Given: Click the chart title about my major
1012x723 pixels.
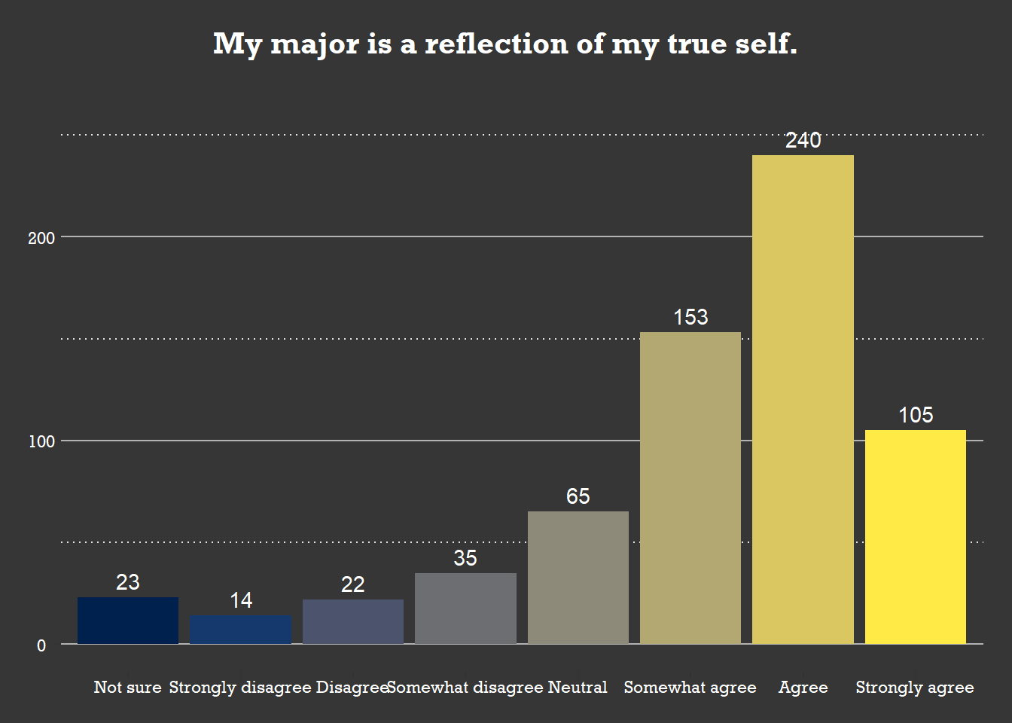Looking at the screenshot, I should click(x=505, y=44).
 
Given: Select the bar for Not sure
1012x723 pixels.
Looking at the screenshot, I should click(x=128, y=621).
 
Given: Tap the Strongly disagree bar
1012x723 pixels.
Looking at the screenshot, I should click(x=240, y=630).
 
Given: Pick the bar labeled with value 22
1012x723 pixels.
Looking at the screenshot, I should click(x=353, y=621).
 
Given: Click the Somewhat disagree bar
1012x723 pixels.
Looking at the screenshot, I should click(x=465, y=609).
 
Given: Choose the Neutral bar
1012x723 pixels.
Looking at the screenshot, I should click(x=578, y=578).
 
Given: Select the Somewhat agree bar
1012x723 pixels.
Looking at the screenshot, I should click(x=690, y=488).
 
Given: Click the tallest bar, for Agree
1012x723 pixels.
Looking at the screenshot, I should click(x=803, y=399).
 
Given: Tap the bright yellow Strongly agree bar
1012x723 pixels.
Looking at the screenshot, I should click(x=916, y=537).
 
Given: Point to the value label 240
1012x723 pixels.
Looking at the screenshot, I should click(x=803, y=140).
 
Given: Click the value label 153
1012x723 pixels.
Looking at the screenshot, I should click(x=690, y=317).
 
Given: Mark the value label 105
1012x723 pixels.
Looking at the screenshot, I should click(x=916, y=415).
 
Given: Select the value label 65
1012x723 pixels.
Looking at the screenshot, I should click(x=578, y=496).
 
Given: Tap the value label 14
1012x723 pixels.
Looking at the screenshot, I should click(x=241, y=600).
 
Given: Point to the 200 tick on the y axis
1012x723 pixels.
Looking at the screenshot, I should click(x=41, y=238).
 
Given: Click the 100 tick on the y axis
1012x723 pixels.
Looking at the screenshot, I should click(x=41, y=441).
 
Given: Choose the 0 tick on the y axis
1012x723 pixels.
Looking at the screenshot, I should click(x=41, y=645).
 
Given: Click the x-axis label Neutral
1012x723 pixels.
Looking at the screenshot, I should click(x=578, y=687).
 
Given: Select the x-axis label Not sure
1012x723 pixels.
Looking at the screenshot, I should click(x=127, y=687).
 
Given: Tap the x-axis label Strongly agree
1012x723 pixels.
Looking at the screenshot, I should click(x=915, y=687).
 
